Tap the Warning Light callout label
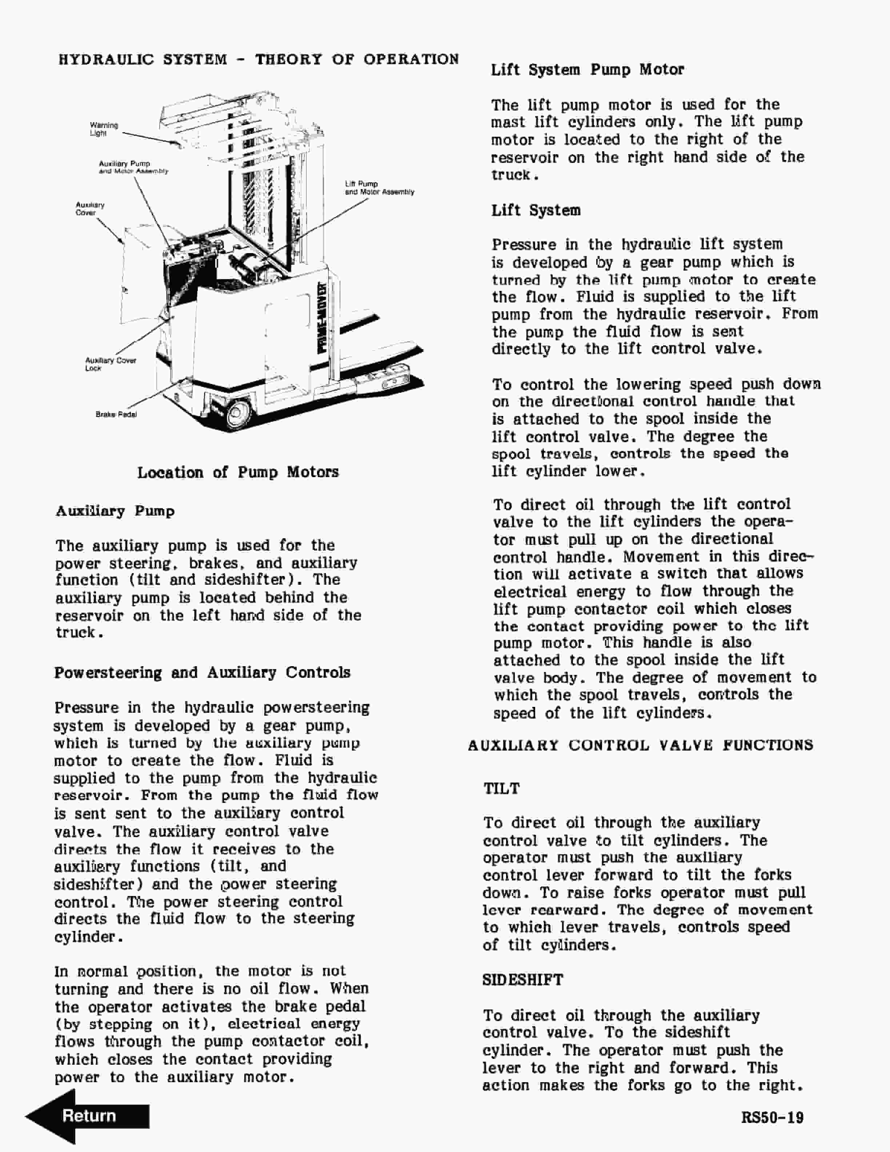104,129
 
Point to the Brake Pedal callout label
116,415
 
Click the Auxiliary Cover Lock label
110,364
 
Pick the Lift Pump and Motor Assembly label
379,188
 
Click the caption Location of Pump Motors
238,472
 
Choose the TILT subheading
501,789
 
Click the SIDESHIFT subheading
522,980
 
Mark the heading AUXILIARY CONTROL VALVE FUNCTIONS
640,745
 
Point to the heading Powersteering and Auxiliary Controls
202,672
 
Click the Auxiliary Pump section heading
115,511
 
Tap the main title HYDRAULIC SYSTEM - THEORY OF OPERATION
258,59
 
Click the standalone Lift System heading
536,211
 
